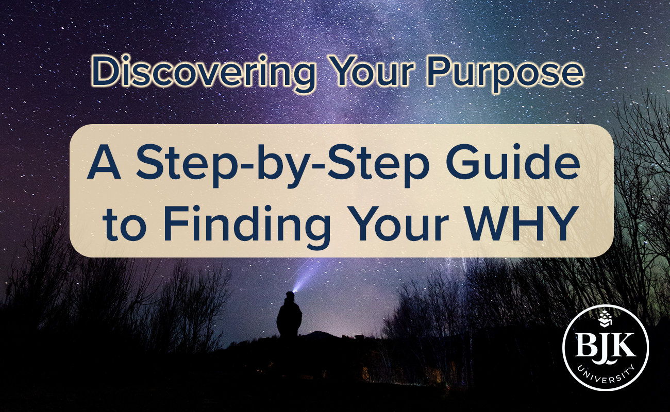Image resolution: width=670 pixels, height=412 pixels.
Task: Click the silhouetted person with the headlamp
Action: click(x=289, y=317)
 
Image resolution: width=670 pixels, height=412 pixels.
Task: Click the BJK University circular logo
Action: click(x=605, y=349)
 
